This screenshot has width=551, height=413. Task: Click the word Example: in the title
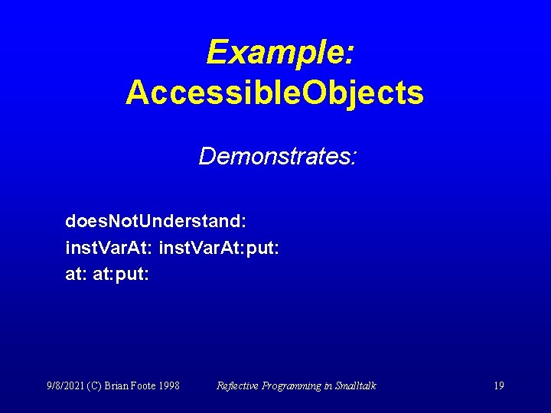(279, 53)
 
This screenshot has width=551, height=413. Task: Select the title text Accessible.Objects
(275, 93)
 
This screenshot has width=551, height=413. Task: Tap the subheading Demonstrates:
(278, 156)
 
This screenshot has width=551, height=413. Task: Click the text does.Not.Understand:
(155, 222)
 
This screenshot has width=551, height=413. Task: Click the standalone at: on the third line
(77, 274)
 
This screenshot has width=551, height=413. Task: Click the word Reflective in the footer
(238, 385)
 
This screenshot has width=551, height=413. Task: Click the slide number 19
(498, 385)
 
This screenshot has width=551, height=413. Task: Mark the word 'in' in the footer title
(328, 385)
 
